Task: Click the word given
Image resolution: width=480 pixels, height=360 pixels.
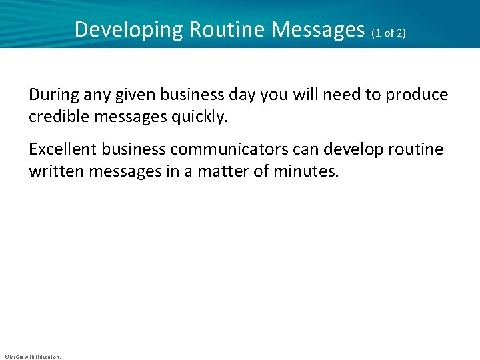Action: click(135, 95)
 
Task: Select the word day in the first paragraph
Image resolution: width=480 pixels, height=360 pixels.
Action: click(241, 95)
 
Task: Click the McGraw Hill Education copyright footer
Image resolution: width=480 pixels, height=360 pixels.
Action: click(32, 357)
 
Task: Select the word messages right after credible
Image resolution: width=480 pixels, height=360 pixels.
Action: click(127, 117)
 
